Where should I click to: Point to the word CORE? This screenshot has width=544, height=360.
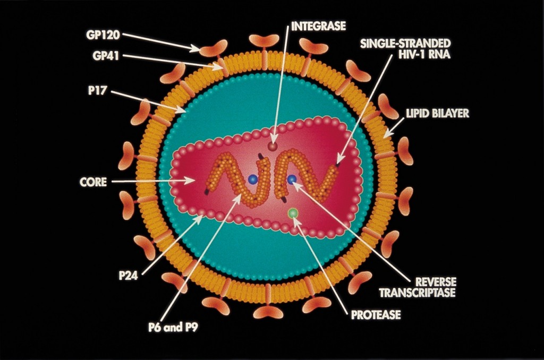(x=93, y=182)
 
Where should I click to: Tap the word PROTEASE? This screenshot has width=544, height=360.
(x=376, y=315)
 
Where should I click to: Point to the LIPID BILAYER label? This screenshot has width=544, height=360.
(x=437, y=114)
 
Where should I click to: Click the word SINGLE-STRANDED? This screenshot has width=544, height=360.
(x=405, y=43)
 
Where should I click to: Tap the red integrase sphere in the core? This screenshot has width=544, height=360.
(x=273, y=145)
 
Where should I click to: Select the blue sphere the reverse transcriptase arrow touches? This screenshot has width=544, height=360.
(x=292, y=181)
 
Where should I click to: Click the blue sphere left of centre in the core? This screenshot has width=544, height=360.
(x=253, y=180)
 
